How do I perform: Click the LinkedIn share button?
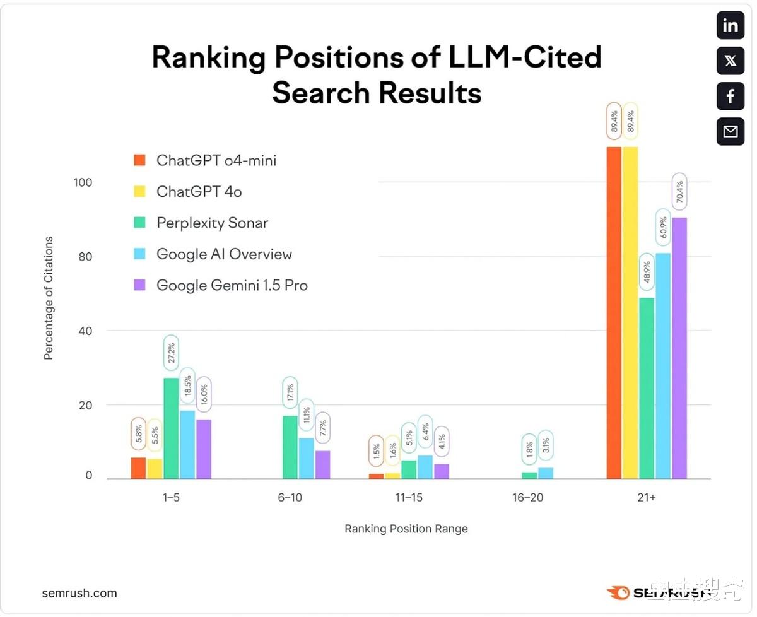tap(731, 26)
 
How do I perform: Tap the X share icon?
tap(731, 61)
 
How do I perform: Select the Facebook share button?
tap(731, 97)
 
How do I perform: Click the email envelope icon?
tap(731, 131)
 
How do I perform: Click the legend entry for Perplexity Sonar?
tap(212, 223)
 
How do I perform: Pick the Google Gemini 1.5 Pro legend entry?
tap(232, 285)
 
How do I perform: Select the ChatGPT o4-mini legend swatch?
tap(140, 160)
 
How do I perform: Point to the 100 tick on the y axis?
tap(83, 182)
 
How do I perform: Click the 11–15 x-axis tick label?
tap(409, 497)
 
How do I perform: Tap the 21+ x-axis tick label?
tap(647, 497)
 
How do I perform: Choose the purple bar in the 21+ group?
tap(679, 348)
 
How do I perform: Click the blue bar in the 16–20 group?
tap(546, 473)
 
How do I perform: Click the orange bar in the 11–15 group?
tap(376, 476)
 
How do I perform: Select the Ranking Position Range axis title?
tap(406, 529)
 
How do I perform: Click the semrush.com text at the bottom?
tap(79, 593)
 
